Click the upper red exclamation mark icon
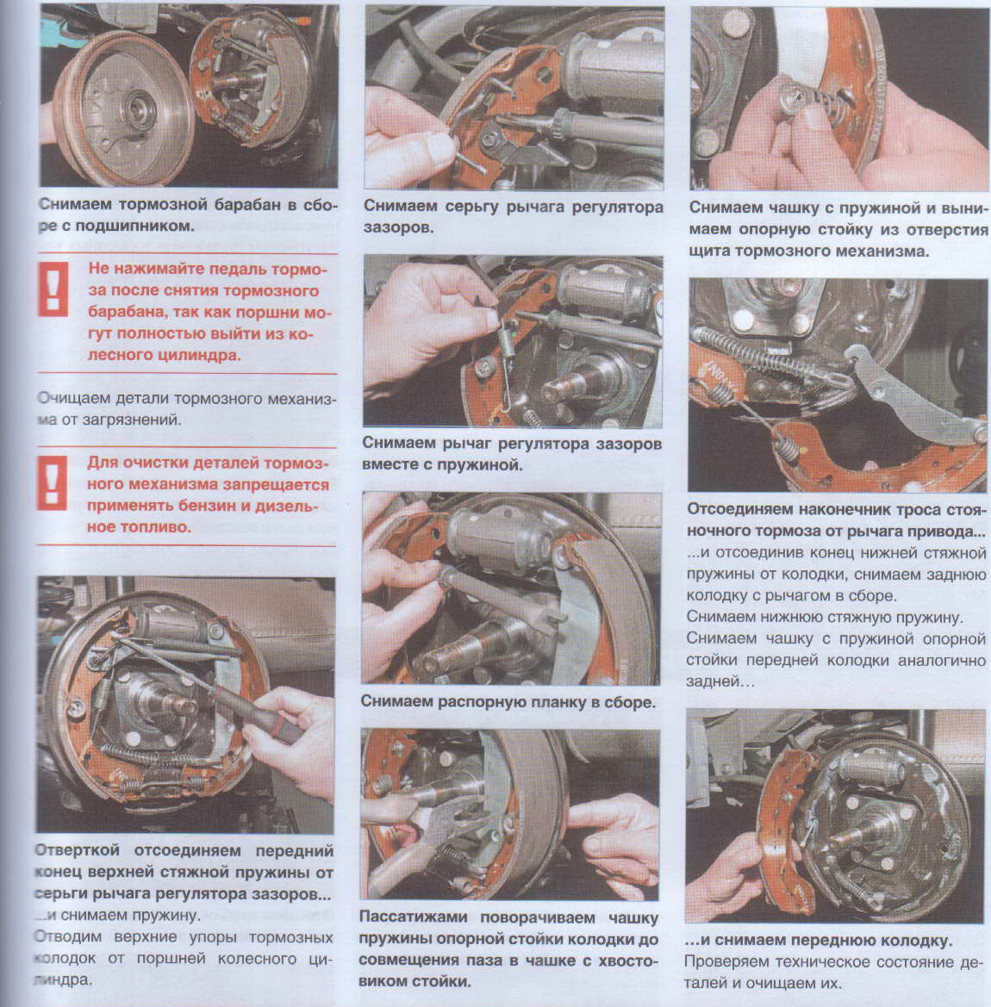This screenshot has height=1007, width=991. [x=53, y=289]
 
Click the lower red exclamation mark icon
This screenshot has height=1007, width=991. [x=52, y=483]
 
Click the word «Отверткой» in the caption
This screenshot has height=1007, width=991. [x=77, y=850]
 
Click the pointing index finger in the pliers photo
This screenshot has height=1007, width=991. [x=607, y=817]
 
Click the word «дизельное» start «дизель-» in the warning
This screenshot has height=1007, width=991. [x=286, y=506]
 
